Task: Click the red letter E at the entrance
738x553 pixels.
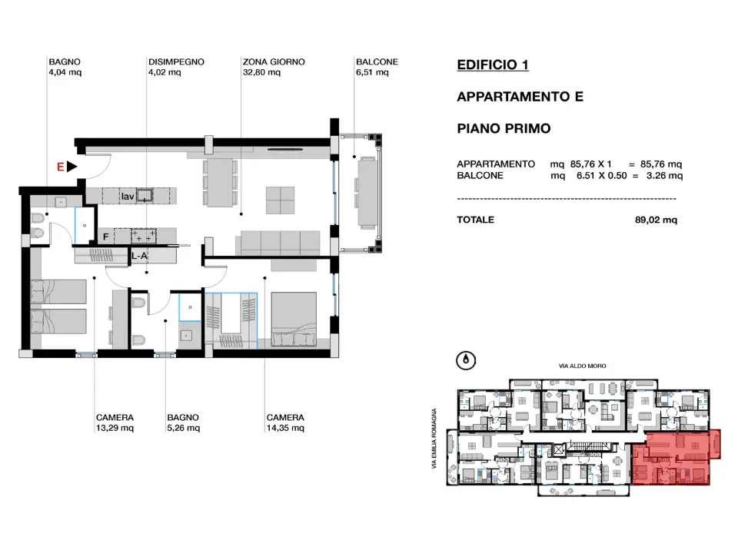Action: point(59,166)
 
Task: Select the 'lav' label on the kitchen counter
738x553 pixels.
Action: point(127,197)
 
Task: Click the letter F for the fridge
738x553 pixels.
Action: point(106,237)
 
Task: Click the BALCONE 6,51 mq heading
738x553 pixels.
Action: point(376,68)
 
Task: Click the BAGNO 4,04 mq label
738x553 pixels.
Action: point(65,68)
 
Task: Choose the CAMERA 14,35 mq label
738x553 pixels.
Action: point(284,422)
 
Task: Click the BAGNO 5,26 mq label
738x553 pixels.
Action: point(184,422)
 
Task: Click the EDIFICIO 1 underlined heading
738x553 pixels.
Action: point(492,65)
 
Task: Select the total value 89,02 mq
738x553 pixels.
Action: point(655,220)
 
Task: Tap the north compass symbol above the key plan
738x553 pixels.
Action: point(466,359)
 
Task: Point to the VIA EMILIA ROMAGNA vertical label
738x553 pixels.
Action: point(434,438)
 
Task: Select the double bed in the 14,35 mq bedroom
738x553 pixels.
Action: point(294,316)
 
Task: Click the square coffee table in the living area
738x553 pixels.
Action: point(279,200)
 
